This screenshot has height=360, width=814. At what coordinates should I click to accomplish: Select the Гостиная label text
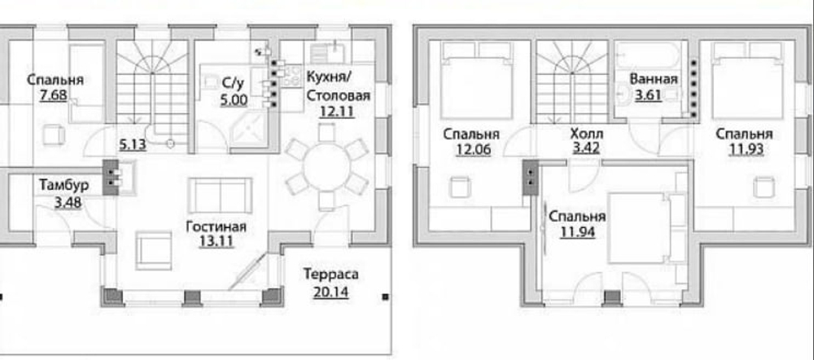coord(216,226)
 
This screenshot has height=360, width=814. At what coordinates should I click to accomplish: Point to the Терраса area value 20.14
coord(330,289)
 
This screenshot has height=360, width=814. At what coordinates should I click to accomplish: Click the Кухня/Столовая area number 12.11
coord(337,112)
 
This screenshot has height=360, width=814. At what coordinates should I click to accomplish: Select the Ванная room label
coord(654,80)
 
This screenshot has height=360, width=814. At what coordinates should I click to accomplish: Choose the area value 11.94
coord(575,233)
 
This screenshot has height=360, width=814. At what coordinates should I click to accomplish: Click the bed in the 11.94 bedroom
coord(644,228)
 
